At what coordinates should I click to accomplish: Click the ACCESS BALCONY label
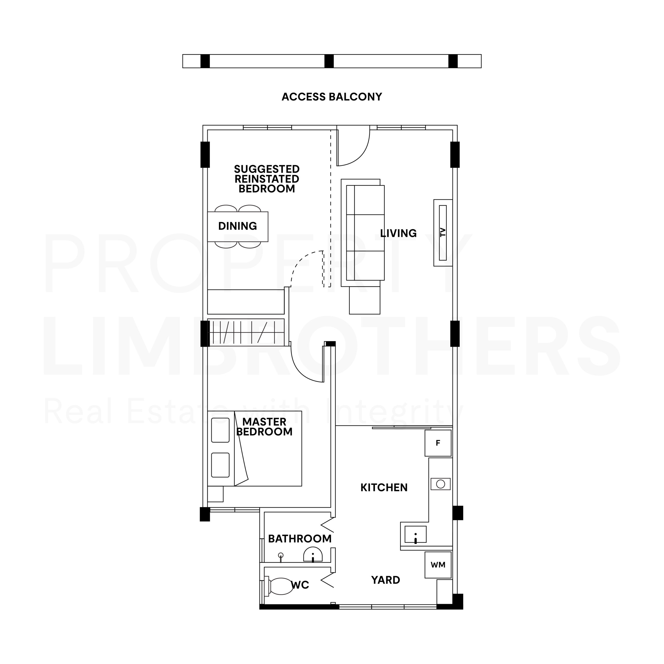click(x=332, y=97)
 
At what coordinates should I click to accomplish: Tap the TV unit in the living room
click(x=443, y=233)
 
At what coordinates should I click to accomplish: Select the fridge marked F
click(x=438, y=443)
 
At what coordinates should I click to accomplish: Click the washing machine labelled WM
click(x=438, y=565)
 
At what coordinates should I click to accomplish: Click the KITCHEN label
click(x=384, y=487)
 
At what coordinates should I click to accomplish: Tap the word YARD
click(x=386, y=580)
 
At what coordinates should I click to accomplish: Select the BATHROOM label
click(x=300, y=538)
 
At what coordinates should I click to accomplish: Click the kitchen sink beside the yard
click(x=416, y=534)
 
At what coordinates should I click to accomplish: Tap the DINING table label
click(x=238, y=226)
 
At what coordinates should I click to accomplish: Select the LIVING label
click(x=398, y=233)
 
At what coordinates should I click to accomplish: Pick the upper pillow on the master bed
click(x=220, y=430)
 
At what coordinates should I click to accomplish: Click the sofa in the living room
click(x=363, y=233)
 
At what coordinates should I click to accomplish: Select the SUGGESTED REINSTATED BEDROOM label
click(x=267, y=179)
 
